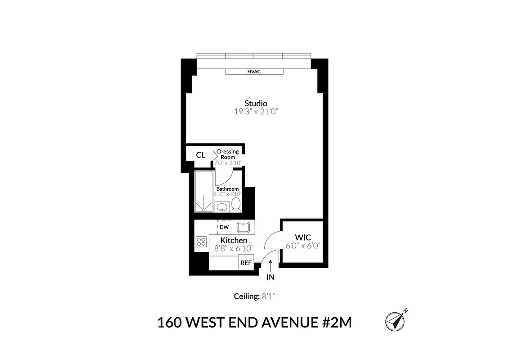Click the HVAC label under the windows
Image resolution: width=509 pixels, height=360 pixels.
pyautogui.click(x=254, y=72)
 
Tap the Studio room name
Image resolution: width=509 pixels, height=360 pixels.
pyautogui.click(x=256, y=103)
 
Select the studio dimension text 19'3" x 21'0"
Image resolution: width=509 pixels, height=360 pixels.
pyautogui.click(x=256, y=112)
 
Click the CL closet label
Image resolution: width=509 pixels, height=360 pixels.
pyautogui.click(x=201, y=155)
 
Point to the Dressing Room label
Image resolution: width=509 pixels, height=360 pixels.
pyautogui.click(x=228, y=154)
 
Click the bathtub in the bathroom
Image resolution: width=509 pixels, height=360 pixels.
pyautogui.click(x=203, y=192)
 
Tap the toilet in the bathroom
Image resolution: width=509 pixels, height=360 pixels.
pyautogui.click(x=236, y=205)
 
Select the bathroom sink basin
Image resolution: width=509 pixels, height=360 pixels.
pyautogui.click(x=221, y=207)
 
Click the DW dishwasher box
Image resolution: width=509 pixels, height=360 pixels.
pyautogui.click(x=224, y=227)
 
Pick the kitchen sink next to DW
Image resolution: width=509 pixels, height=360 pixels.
pyautogui.click(x=243, y=227)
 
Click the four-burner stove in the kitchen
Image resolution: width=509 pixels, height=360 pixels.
pyautogui.click(x=201, y=243)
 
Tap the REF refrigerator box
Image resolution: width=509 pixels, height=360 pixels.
pyautogui.click(x=246, y=263)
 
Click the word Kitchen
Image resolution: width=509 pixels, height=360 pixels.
pyautogui.click(x=234, y=241)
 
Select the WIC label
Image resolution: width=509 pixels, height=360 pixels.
pyautogui.click(x=302, y=238)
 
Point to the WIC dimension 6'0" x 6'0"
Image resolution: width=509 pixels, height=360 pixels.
pyautogui.click(x=302, y=246)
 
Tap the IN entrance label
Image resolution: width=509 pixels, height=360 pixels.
pyautogui.click(x=270, y=277)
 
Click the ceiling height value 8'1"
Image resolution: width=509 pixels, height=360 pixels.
pyautogui.click(x=272, y=296)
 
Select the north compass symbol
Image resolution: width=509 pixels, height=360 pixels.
pyautogui.click(x=396, y=321)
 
